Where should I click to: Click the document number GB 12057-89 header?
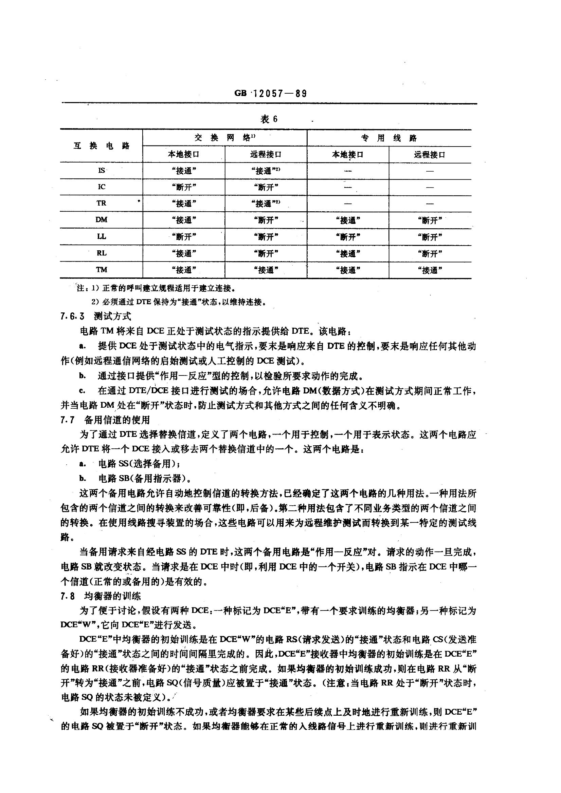pyautogui.click(x=270, y=94)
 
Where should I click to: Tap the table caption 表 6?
pyautogui.click(x=269, y=119)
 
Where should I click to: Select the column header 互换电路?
pyautogui.click(x=101, y=146)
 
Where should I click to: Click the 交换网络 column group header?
pyautogui.click(x=225, y=138)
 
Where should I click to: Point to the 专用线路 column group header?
pyautogui.click(x=389, y=138)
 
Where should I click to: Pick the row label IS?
pyautogui.click(x=101, y=171)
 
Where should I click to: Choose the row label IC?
pyautogui.click(x=101, y=187)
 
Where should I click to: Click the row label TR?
pyautogui.click(x=101, y=203)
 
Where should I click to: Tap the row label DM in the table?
pyautogui.click(x=101, y=220)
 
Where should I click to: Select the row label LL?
pyautogui.click(x=101, y=237)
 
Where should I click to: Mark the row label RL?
pyautogui.click(x=101, y=253)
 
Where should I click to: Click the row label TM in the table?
pyautogui.click(x=101, y=270)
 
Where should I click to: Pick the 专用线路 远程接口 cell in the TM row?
pyautogui.click(x=430, y=270)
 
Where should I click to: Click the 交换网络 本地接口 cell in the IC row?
pyautogui.click(x=184, y=187)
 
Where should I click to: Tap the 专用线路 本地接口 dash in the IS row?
pyautogui.click(x=348, y=171)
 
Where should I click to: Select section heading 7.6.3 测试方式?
pyautogui.click(x=96, y=316)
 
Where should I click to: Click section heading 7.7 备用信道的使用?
pyautogui.click(x=105, y=420)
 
